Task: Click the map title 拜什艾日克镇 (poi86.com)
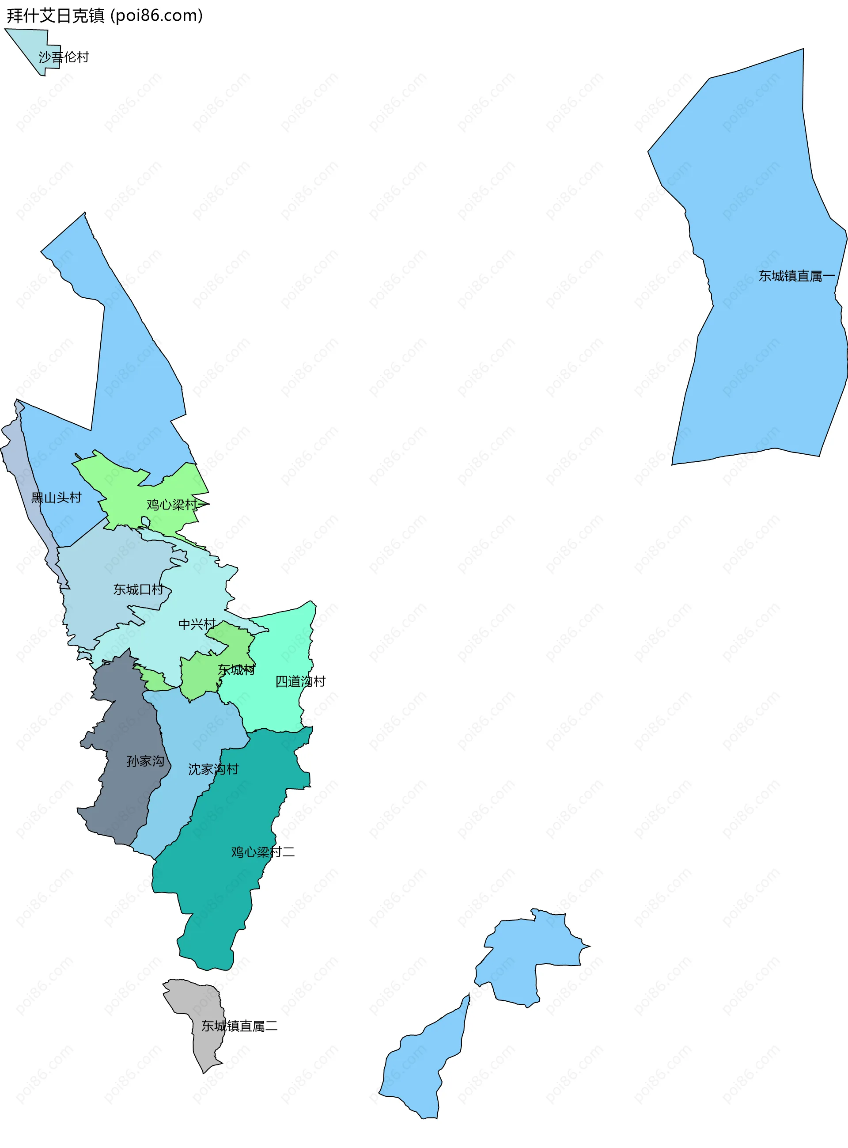pos(105,16)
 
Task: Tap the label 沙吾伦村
pos(64,57)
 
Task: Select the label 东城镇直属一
pos(797,276)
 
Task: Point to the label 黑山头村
pos(57,498)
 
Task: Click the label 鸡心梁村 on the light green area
pos(172,505)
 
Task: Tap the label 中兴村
pos(197,624)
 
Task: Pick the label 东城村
pos(236,670)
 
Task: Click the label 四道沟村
pos(300,681)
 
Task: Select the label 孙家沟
pos(145,761)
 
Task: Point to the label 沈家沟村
pos(213,769)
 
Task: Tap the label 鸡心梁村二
pos(263,852)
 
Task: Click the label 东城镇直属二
pos(239,1026)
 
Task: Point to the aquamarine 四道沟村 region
pos(282,647)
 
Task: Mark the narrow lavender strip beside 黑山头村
pos(23,483)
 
